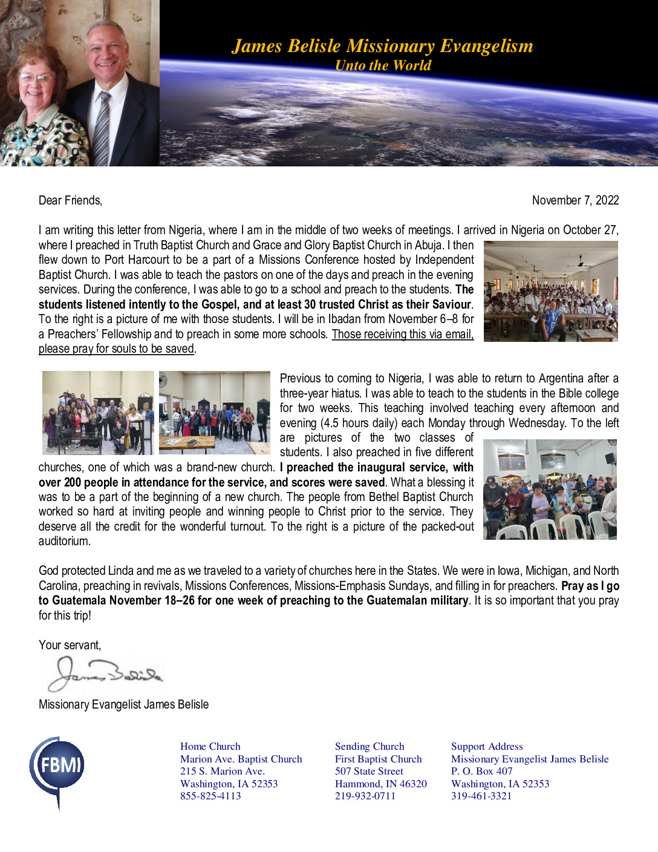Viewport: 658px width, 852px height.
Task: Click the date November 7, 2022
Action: click(575, 200)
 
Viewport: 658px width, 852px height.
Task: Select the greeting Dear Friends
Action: click(70, 200)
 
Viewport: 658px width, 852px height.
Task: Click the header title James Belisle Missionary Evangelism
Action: click(382, 46)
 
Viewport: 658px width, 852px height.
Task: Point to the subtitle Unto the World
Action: click(383, 65)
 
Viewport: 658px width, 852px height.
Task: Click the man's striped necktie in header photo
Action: click(102, 128)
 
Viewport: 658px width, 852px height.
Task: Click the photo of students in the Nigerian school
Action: click(550, 291)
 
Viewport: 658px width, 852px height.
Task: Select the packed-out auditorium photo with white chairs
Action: click(550, 489)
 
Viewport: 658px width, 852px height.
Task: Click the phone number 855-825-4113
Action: click(210, 796)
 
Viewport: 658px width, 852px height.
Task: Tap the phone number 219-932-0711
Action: click(365, 796)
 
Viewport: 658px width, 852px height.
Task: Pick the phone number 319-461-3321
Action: click(481, 796)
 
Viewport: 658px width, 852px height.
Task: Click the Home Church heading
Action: click(210, 746)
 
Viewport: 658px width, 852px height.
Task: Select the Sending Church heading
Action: click(370, 746)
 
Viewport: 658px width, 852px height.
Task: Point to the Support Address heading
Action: click(487, 746)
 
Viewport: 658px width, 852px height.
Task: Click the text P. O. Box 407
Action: click(481, 771)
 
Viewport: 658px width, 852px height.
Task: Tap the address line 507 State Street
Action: click(369, 771)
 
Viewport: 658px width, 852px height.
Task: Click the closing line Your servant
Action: click(70, 645)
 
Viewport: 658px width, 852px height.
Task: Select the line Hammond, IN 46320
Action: click(381, 784)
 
